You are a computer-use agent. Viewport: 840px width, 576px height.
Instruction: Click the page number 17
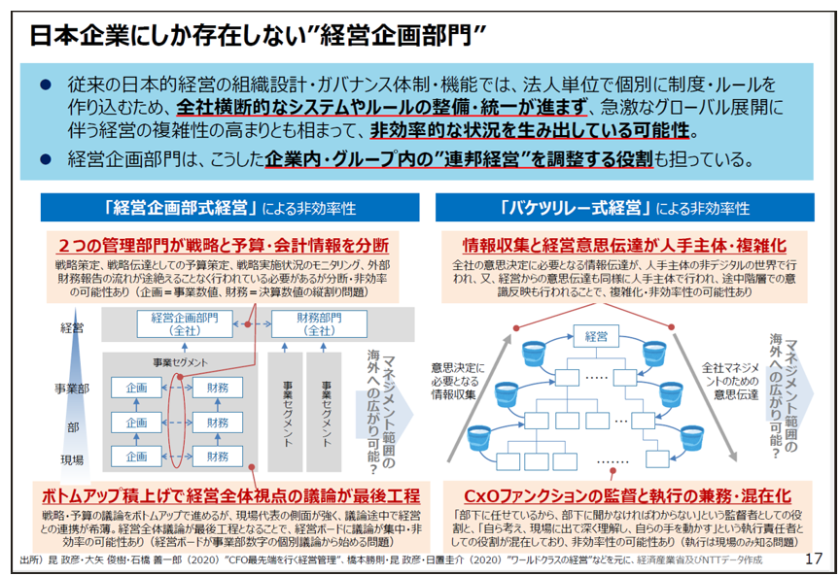click(813, 559)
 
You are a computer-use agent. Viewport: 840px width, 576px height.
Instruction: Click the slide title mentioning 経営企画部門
click(258, 35)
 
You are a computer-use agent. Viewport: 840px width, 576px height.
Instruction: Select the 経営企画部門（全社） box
click(185, 323)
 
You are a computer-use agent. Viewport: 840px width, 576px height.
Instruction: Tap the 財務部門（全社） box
click(319, 323)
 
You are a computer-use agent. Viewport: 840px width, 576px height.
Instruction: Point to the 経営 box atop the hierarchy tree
click(596, 337)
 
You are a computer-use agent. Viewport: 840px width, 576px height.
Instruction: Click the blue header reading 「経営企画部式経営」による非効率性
click(230, 208)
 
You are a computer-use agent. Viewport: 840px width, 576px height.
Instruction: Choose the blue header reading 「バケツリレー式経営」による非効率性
click(624, 208)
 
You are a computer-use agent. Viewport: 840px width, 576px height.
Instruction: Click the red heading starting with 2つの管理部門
click(224, 245)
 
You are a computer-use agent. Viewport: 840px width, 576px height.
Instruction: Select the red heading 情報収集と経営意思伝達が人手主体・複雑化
click(624, 245)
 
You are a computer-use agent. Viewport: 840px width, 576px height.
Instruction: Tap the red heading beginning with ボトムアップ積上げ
click(230, 495)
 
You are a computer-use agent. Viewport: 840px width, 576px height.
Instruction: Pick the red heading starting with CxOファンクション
click(627, 495)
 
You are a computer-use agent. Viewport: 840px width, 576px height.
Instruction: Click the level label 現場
click(72, 459)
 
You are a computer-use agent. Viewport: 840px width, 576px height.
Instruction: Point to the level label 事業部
click(72, 389)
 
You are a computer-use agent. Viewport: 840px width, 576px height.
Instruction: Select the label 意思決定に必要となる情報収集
click(458, 381)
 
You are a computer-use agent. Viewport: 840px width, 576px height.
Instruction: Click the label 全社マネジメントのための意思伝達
click(731, 381)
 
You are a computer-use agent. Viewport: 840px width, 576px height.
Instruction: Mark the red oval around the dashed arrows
click(177, 422)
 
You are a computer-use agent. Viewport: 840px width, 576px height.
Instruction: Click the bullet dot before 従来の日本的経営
click(46, 85)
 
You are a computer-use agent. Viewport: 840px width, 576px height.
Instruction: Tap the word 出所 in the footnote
click(29, 559)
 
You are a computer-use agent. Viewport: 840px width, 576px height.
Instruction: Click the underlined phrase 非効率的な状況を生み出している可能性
click(529, 130)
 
